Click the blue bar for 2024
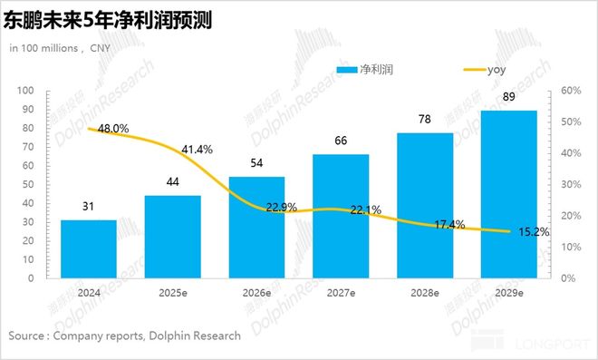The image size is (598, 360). coord(88,248)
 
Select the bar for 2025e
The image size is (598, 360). coord(172,237)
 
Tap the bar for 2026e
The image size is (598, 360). coord(256,227)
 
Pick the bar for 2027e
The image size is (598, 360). coord(341,216)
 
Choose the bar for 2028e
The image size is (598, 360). coord(425,205)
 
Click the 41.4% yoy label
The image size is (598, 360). coord(196,149)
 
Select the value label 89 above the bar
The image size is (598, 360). coord(509,96)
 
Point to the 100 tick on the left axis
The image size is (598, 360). coord(26,91)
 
